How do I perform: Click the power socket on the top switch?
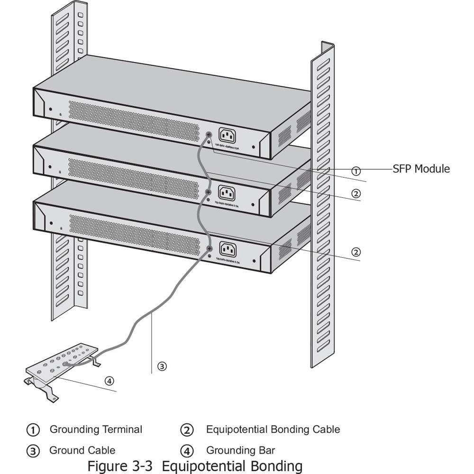point(227,136)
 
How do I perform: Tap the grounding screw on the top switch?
point(209,135)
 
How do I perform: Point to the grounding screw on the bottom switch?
point(209,247)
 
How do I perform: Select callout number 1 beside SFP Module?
point(356,171)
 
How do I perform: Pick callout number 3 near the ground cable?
point(162,366)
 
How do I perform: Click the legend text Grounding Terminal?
point(96,429)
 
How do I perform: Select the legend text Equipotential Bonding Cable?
point(273,429)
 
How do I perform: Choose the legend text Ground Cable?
point(82,450)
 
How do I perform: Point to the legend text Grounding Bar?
point(240,450)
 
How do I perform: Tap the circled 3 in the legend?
point(33,451)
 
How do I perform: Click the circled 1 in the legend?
point(33,430)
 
